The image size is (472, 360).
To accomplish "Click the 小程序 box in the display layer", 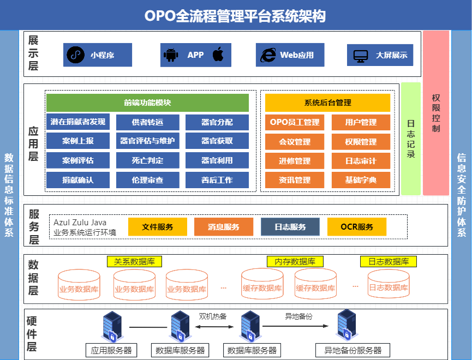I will (x=97, y=55).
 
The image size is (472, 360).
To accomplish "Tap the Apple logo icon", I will (x=218, y=55).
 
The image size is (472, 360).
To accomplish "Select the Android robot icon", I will (x=171, y=55).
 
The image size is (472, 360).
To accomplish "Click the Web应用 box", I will (x=290, y=55).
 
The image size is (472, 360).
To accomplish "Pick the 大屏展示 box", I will (x=380, y=55).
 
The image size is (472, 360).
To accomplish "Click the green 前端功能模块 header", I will (x=147, y=103).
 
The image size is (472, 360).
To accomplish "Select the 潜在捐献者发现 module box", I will (x=77, y=122).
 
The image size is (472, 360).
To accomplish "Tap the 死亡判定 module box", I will (x=147, y=161).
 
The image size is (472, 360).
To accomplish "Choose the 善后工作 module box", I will (x=217, y=180).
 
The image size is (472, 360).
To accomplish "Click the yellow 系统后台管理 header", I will (x=327, y=103).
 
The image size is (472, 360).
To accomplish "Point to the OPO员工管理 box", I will (x=295, y=122).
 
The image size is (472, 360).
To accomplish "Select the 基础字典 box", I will (x=361, y=180).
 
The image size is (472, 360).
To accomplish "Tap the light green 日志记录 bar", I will (x=411, y=139).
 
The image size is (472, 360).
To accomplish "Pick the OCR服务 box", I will (x=357, y=227).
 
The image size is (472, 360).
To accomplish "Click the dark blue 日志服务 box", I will (x=290, y=227).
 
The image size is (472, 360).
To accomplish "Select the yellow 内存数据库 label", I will (x=295, y=262).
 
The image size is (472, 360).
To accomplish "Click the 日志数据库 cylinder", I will (x=388, y=284).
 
